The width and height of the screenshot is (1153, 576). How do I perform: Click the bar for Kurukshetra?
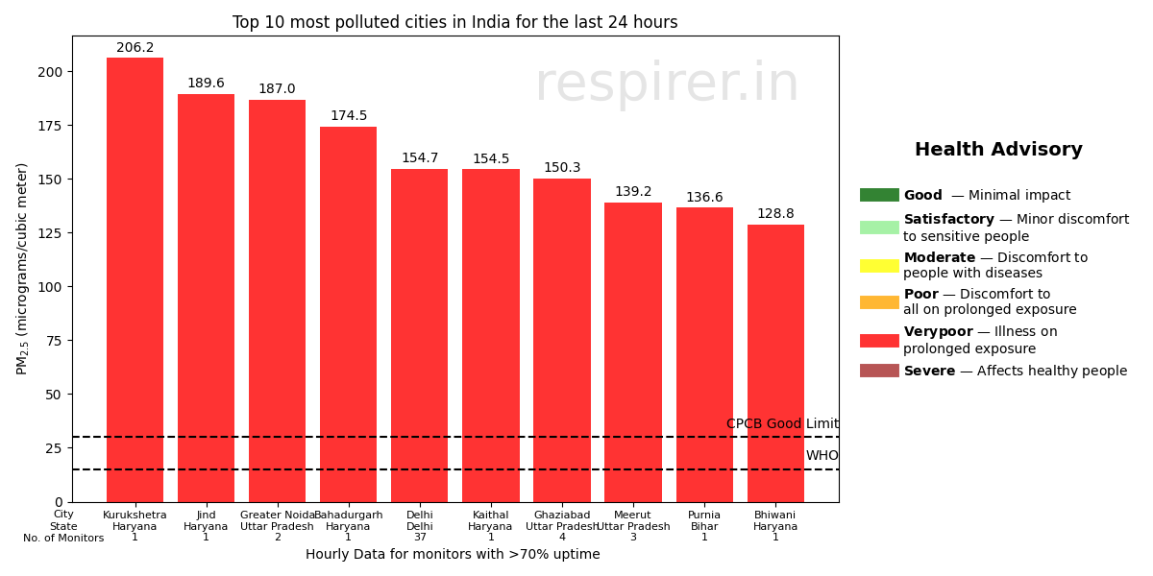point(135,279)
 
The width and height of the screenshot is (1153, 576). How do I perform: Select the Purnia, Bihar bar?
point(704,354)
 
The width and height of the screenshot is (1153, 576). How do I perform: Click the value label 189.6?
point(206,84)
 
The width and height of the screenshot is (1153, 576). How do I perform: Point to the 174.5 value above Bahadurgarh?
point(348,116)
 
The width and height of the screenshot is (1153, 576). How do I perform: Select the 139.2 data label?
point(633,192)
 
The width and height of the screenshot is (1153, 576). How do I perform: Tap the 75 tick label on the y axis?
point(55,341)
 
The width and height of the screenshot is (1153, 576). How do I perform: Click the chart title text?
point(454,22)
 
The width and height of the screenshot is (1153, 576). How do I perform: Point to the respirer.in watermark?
point(666,84)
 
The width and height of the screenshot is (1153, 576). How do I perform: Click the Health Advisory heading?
point(998,150)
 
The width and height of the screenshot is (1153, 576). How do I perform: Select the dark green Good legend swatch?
point(879,195)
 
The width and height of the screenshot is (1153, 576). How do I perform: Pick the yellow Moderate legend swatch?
point(879,265)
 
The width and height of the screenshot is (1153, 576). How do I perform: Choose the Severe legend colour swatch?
point(879,371)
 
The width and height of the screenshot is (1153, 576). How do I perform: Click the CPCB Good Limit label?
point(782,424)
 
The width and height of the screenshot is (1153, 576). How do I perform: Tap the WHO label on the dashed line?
point(822,456)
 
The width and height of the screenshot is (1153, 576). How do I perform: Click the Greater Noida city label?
point(278,516)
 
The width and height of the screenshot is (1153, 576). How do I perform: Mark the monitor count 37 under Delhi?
point(420,538)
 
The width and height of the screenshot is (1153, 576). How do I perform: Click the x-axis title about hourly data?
point(453,554)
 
